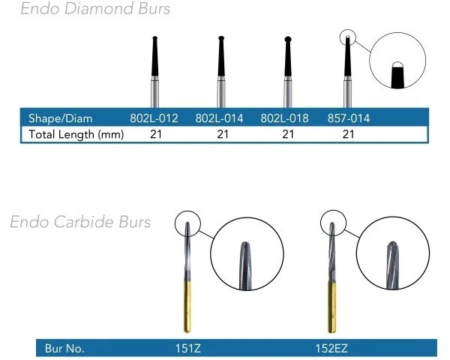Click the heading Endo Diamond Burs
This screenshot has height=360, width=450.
(x=95, y=10)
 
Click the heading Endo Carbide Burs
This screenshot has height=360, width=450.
(x=80, y=222)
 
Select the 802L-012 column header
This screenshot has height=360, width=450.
(x=155, y=118)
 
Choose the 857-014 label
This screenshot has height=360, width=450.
(x=349, y=118)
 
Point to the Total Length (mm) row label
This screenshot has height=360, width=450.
(x=76, y=134)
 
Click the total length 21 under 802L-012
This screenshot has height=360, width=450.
(x=155, y=134)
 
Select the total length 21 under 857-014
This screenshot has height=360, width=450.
(x=349, y=134)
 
